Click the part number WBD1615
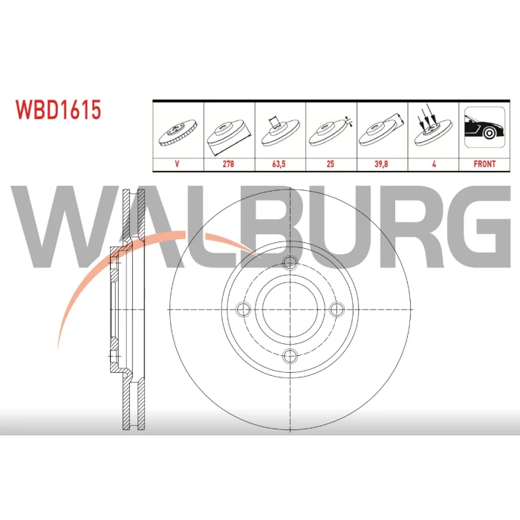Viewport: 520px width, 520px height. pos(58,110)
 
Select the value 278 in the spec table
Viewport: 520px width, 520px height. pos(228,164)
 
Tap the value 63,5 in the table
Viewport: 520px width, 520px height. pos(279,164)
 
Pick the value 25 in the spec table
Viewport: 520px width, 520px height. pos(331,164)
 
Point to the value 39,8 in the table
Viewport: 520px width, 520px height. pos(381,164)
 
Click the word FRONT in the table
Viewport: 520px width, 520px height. pos(484,164)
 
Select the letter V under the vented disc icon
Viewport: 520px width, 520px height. pos(177,164)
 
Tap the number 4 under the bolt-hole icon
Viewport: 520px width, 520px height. pos(434,164)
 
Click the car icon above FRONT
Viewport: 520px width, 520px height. pos(484,127)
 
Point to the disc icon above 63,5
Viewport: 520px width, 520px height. pos(280,131)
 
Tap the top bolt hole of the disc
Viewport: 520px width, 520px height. pos(290,263)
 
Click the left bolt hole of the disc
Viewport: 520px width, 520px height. pos(244,310)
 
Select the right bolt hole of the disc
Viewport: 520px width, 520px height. pos(337,310)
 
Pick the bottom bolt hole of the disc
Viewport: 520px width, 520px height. pos(290,356)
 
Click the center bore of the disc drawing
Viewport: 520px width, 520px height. pos(290,310)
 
